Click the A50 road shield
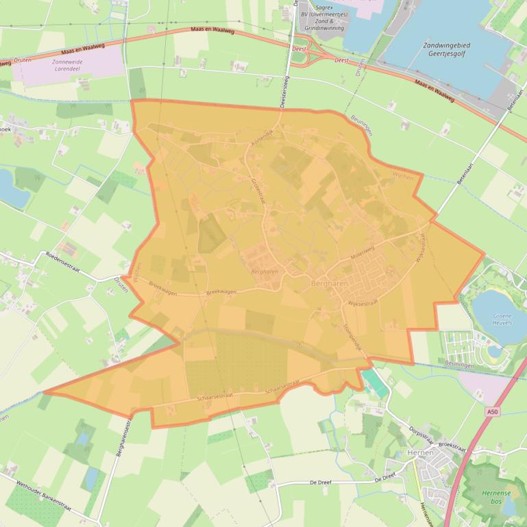coord(491,411)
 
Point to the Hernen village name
coord(420,453)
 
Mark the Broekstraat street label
coord(452,446)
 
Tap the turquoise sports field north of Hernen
coord(373,380)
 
